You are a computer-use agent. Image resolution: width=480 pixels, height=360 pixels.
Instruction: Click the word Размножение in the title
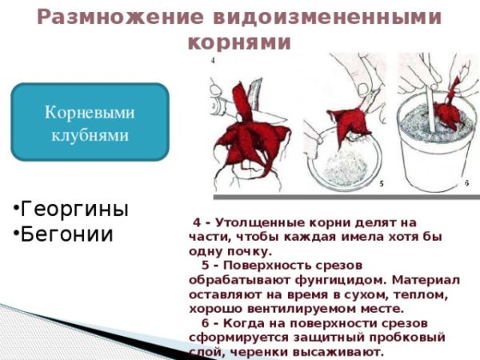[x=120, y=17]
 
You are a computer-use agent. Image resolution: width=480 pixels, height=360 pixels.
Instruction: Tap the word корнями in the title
[x=239, y=42]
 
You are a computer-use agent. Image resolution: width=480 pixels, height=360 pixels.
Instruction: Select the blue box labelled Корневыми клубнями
[x=90, y=122]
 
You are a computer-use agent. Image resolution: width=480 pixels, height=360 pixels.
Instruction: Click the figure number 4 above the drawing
[x=213, y=61]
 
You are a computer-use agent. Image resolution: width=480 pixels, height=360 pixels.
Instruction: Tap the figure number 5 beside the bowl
[x=382, y=184]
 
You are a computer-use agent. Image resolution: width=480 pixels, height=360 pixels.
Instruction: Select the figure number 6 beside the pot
[x=466, y=183]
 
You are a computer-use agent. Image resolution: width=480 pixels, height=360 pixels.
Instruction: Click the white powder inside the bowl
[x=346, y=168]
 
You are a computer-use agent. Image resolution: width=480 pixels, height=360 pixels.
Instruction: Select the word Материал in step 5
[x=426, y=279]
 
